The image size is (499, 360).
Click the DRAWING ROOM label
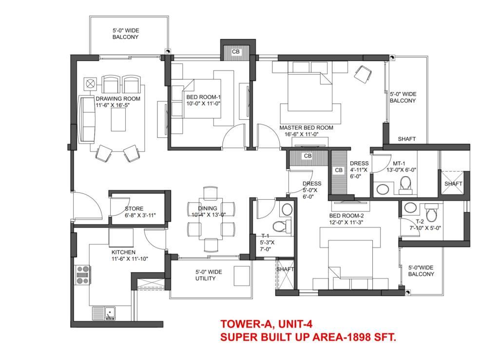pos(118,98)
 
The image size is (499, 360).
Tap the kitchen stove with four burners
pos(83,275)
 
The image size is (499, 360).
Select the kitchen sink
pos(104,313)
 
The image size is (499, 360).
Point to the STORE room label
pos(134,208)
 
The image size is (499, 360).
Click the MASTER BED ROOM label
pos(306,128)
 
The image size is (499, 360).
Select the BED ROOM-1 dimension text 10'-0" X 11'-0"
pos(203,104)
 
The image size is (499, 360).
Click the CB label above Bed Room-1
pos(236,52)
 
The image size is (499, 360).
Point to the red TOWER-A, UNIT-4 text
pos(267,324)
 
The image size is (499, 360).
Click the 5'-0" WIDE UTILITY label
pos(209,275)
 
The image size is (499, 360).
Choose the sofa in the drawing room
pos(87,119)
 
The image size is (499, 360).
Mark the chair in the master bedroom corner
pos(363,74)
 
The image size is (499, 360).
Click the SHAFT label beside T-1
pos(285,269)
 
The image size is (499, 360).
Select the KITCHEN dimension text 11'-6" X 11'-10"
pos(130,259)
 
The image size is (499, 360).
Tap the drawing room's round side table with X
pos(91,84)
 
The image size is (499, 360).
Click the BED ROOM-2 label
pos(346,216)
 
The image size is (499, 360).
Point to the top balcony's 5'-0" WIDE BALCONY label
pos(126,34)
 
